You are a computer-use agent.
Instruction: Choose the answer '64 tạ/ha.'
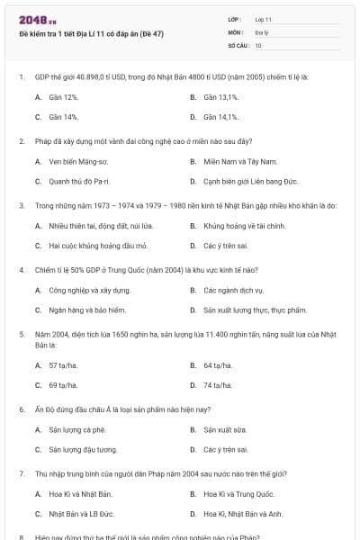click(x=218, y=365)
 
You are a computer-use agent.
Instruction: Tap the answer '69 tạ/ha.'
click(x=63, y=385)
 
